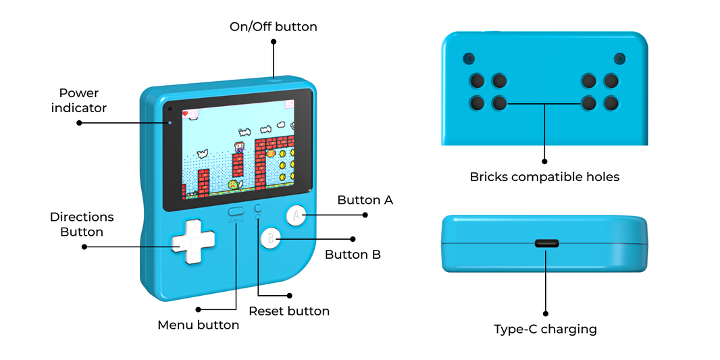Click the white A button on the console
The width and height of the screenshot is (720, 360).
(x=295, y=215)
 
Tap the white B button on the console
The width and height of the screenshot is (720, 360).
(x=271, y=238)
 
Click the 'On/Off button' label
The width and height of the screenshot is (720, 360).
(x=273, y=27)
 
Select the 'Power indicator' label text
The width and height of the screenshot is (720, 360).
(x=79, y=100)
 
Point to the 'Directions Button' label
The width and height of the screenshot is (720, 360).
(x=82, y=224)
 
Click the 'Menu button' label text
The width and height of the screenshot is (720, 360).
(x=198, y=325)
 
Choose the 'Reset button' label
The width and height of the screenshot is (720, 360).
(x=289, y=311)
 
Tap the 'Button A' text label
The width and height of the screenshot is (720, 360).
(x=365, y=200)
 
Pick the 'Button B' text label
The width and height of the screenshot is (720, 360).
(x=353, y=255)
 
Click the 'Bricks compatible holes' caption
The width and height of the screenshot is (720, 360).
(x=544, y=177)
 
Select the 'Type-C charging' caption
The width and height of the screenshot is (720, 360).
(x=545, y=330)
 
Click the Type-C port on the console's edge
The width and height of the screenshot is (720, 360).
(x=545, y=243)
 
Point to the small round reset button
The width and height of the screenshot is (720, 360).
(x=257, y=209)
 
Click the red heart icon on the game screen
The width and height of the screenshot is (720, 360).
(x=186, y=113)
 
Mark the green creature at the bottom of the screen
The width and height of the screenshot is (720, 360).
(x=233, y=184)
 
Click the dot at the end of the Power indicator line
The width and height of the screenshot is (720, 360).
(x=79, y=123)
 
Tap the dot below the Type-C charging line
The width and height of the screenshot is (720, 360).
(x=545, y=313)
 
